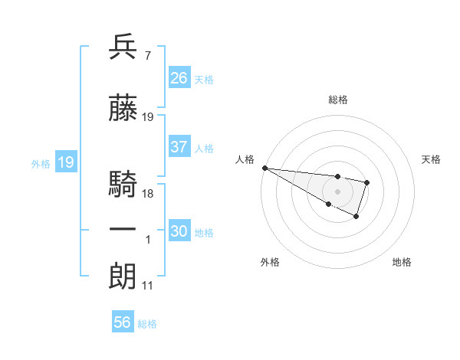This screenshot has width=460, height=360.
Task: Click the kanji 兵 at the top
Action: point(123,47)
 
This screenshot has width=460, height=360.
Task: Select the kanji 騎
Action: point(123,185)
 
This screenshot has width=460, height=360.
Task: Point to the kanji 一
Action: point(123,230)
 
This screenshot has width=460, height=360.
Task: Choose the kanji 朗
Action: point(123,277)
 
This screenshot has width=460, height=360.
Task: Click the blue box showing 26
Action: point(179,77)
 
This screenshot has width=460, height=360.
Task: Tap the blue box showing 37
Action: point(179,147)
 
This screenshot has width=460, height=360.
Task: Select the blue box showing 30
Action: point(179,231)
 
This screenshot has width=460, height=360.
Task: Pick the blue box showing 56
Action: point(123,322)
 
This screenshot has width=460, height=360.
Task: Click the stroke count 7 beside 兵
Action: point(147,56)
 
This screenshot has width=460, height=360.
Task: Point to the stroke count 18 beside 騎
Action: point(148,194)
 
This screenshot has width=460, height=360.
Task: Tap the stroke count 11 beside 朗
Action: point(147,286)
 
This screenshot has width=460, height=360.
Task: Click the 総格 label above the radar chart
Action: point(338,100)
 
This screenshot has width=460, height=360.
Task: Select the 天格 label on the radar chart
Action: point(431,159)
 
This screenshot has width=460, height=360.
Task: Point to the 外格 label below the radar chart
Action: point(270,262)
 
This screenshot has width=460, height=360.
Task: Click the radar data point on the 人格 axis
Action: point(264,168)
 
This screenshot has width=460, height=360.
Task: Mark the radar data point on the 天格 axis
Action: point(367,182)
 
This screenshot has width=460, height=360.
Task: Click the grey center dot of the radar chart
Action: point(338,191)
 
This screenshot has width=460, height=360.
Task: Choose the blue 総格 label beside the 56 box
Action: point(147,324)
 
